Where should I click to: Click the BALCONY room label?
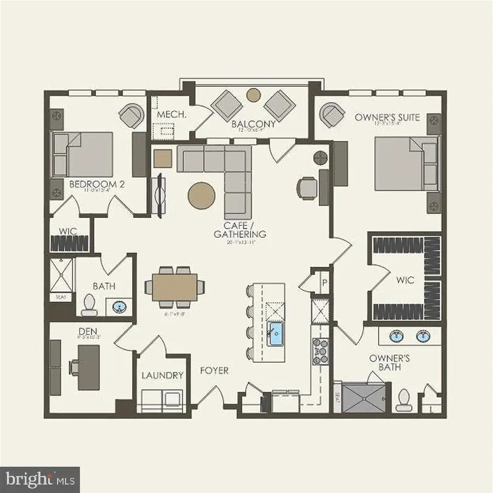tap(253, 124)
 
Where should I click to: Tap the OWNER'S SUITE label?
tap(387, 117)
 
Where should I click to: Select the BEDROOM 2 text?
tap(97, 185)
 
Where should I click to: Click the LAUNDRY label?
tap(162, 375)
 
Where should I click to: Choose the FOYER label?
tap(214, 371)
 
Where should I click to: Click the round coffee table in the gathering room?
tap(201, 196)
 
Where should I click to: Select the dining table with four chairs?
tap(175, 285)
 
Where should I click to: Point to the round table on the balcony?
tap(253, 95)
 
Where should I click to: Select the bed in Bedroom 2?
tap(83, 154)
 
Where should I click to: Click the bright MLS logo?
tap(39, 480)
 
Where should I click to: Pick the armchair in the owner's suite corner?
tap(333, 115)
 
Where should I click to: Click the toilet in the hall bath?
tap(89, 306)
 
